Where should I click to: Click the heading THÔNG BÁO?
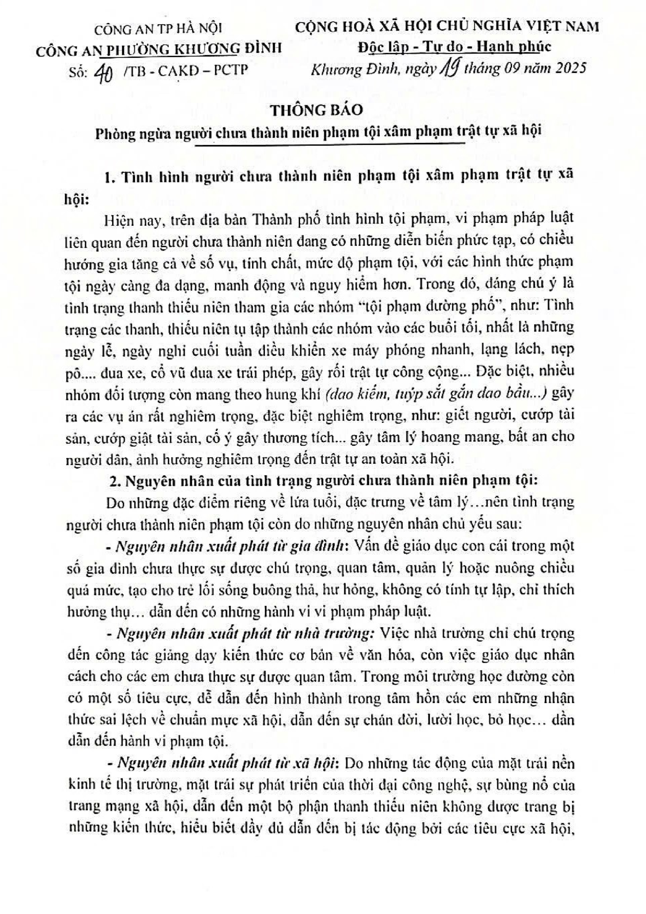[317, 110]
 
